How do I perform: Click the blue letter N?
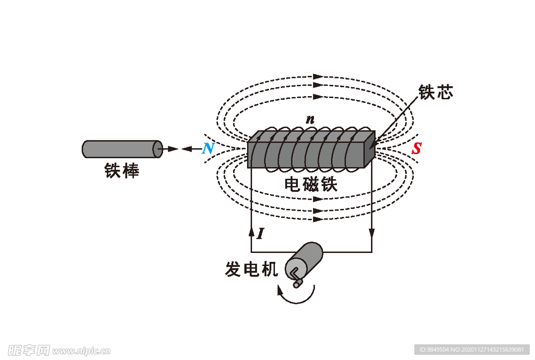pos(208,149)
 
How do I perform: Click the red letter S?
pos(416,149)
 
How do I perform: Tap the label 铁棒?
pos(122,171)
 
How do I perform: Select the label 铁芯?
pos(435,92)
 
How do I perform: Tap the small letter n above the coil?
pos(310,120)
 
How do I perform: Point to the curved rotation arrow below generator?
pos(298,296)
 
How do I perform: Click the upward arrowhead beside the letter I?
pos(252,231)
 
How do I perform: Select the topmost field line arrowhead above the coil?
pos(318,77)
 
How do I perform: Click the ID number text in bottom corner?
pos(472,350)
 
